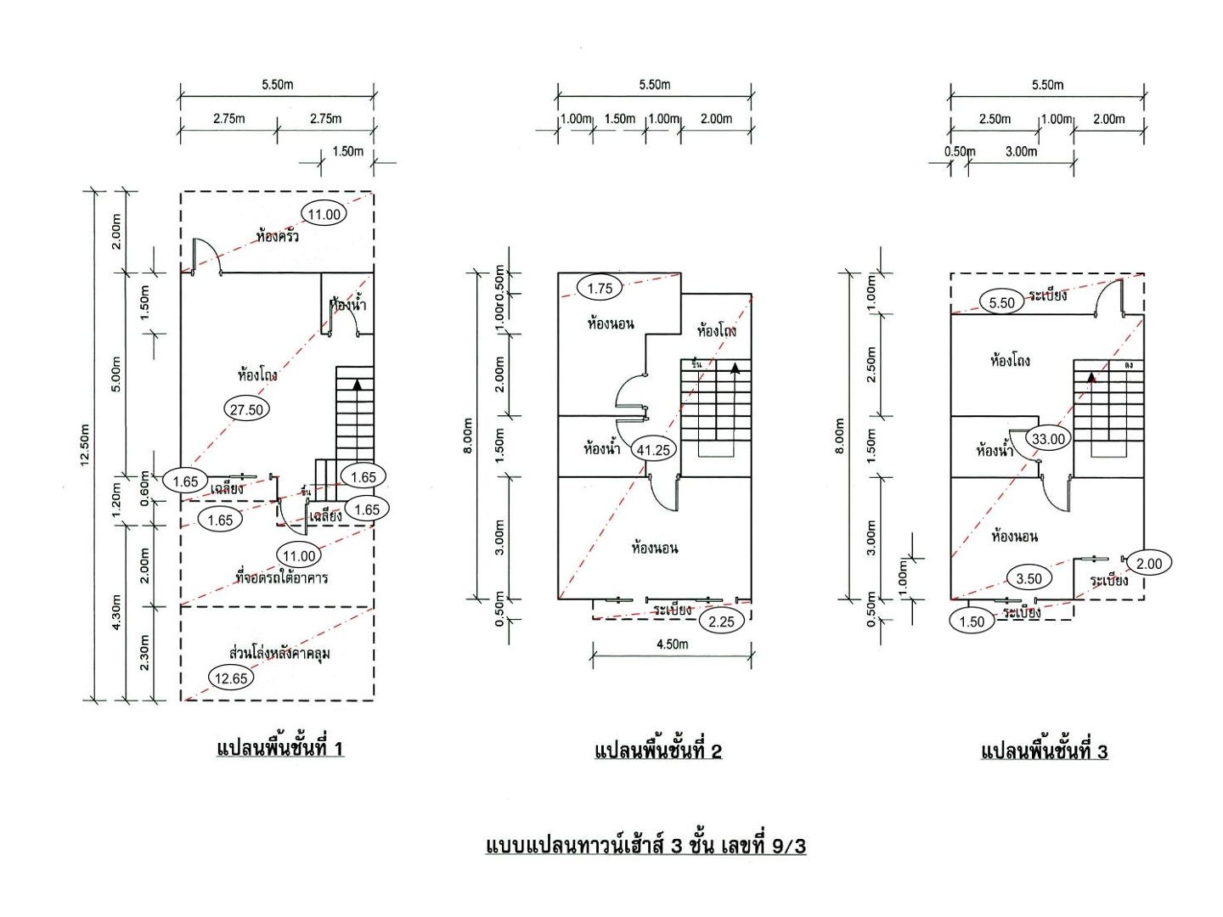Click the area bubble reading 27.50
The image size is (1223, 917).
(246, 409)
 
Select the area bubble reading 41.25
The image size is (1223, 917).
(653, 450)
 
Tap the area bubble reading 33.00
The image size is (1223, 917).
(1048, 439)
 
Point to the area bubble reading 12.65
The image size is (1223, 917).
(231, 678)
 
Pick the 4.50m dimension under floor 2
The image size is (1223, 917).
(672, 644)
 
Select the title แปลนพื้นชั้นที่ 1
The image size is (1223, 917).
(280, 748)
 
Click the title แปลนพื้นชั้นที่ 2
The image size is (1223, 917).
(658, 751)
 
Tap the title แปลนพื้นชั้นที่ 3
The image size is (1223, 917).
(1044, 751)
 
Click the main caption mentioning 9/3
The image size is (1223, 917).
(645, 846)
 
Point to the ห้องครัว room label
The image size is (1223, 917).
(278, 236)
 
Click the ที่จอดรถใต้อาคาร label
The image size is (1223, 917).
(281, 577)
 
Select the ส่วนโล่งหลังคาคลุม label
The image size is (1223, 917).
(279, 653)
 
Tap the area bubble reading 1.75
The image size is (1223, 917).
(600, 289)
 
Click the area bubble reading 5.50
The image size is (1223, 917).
(1002, 302)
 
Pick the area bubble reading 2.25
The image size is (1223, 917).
(721, 622)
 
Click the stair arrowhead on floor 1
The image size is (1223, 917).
(358, 384)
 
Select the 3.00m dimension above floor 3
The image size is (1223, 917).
(1021, 151)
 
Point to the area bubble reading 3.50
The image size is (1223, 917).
(1029, 579)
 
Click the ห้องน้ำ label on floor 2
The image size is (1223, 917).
(601, 449)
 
